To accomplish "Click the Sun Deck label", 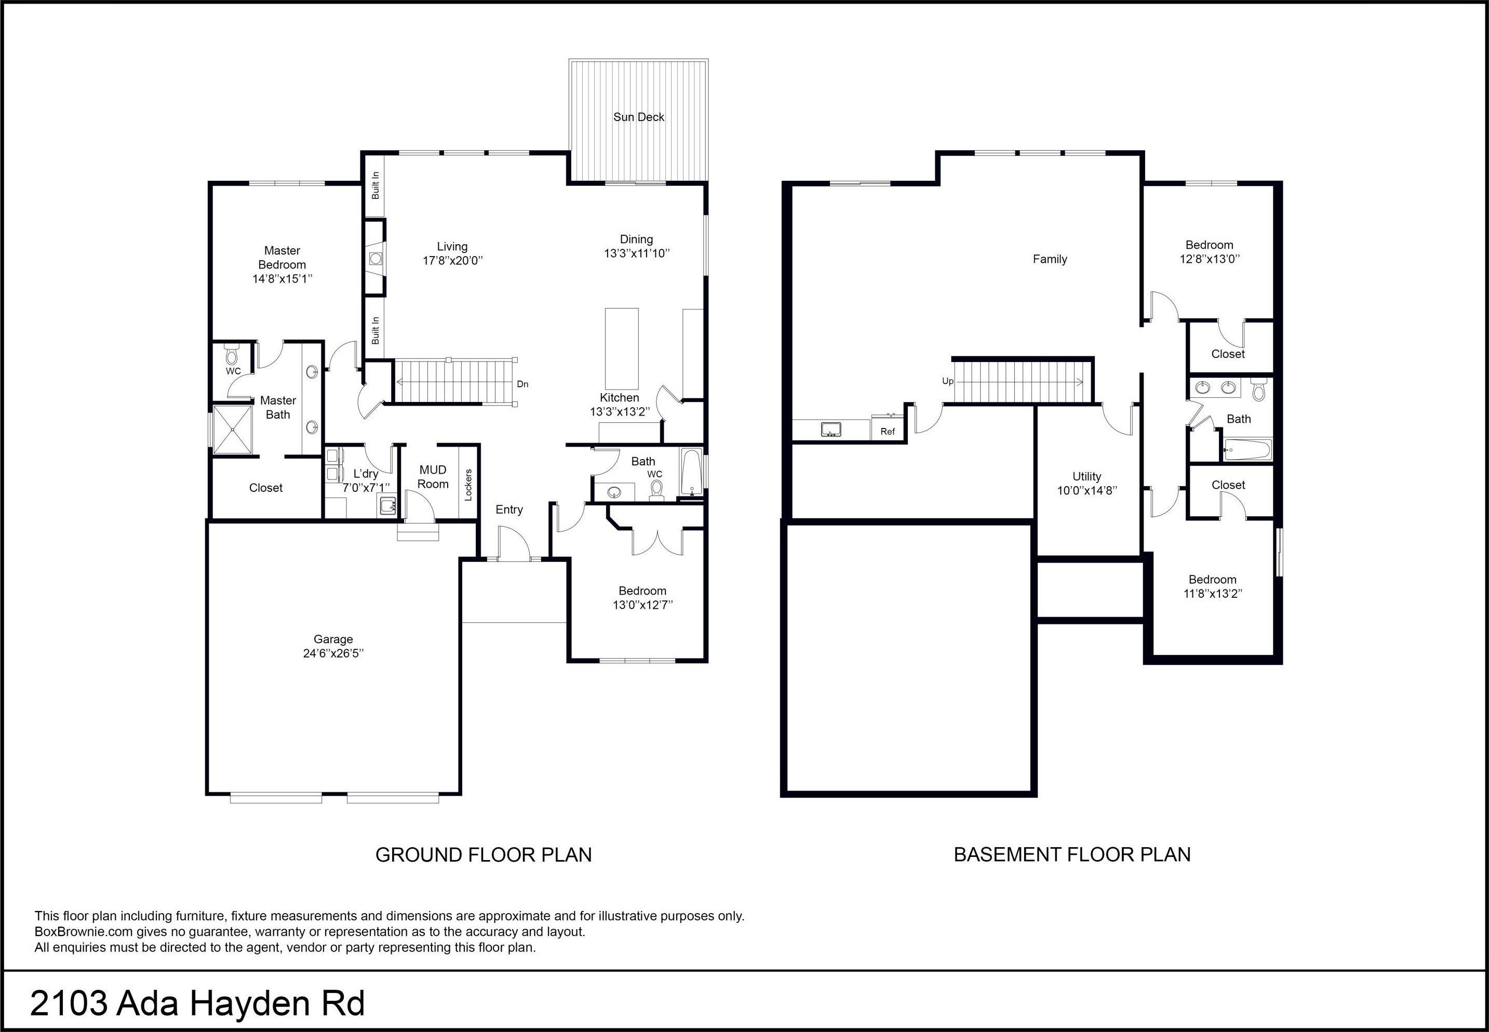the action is click(639, 117).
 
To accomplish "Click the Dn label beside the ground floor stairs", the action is click(522, 384).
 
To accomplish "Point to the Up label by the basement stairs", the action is click(948, 382).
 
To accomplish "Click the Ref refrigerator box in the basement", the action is click(888, 427).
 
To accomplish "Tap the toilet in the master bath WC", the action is click(232, 354).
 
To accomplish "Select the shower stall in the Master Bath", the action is click(233, 430).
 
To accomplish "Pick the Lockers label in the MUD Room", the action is click(468, 484).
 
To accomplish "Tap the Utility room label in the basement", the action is click(1087, 477).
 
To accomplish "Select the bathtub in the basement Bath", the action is click(1246, 449).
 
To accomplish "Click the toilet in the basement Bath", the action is click(1257, 390).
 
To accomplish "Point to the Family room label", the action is click(1050, 259).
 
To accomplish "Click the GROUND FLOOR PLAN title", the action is click(484, 855).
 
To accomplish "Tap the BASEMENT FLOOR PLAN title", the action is click(1072, 854).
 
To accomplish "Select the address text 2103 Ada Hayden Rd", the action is click(198, 1003).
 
